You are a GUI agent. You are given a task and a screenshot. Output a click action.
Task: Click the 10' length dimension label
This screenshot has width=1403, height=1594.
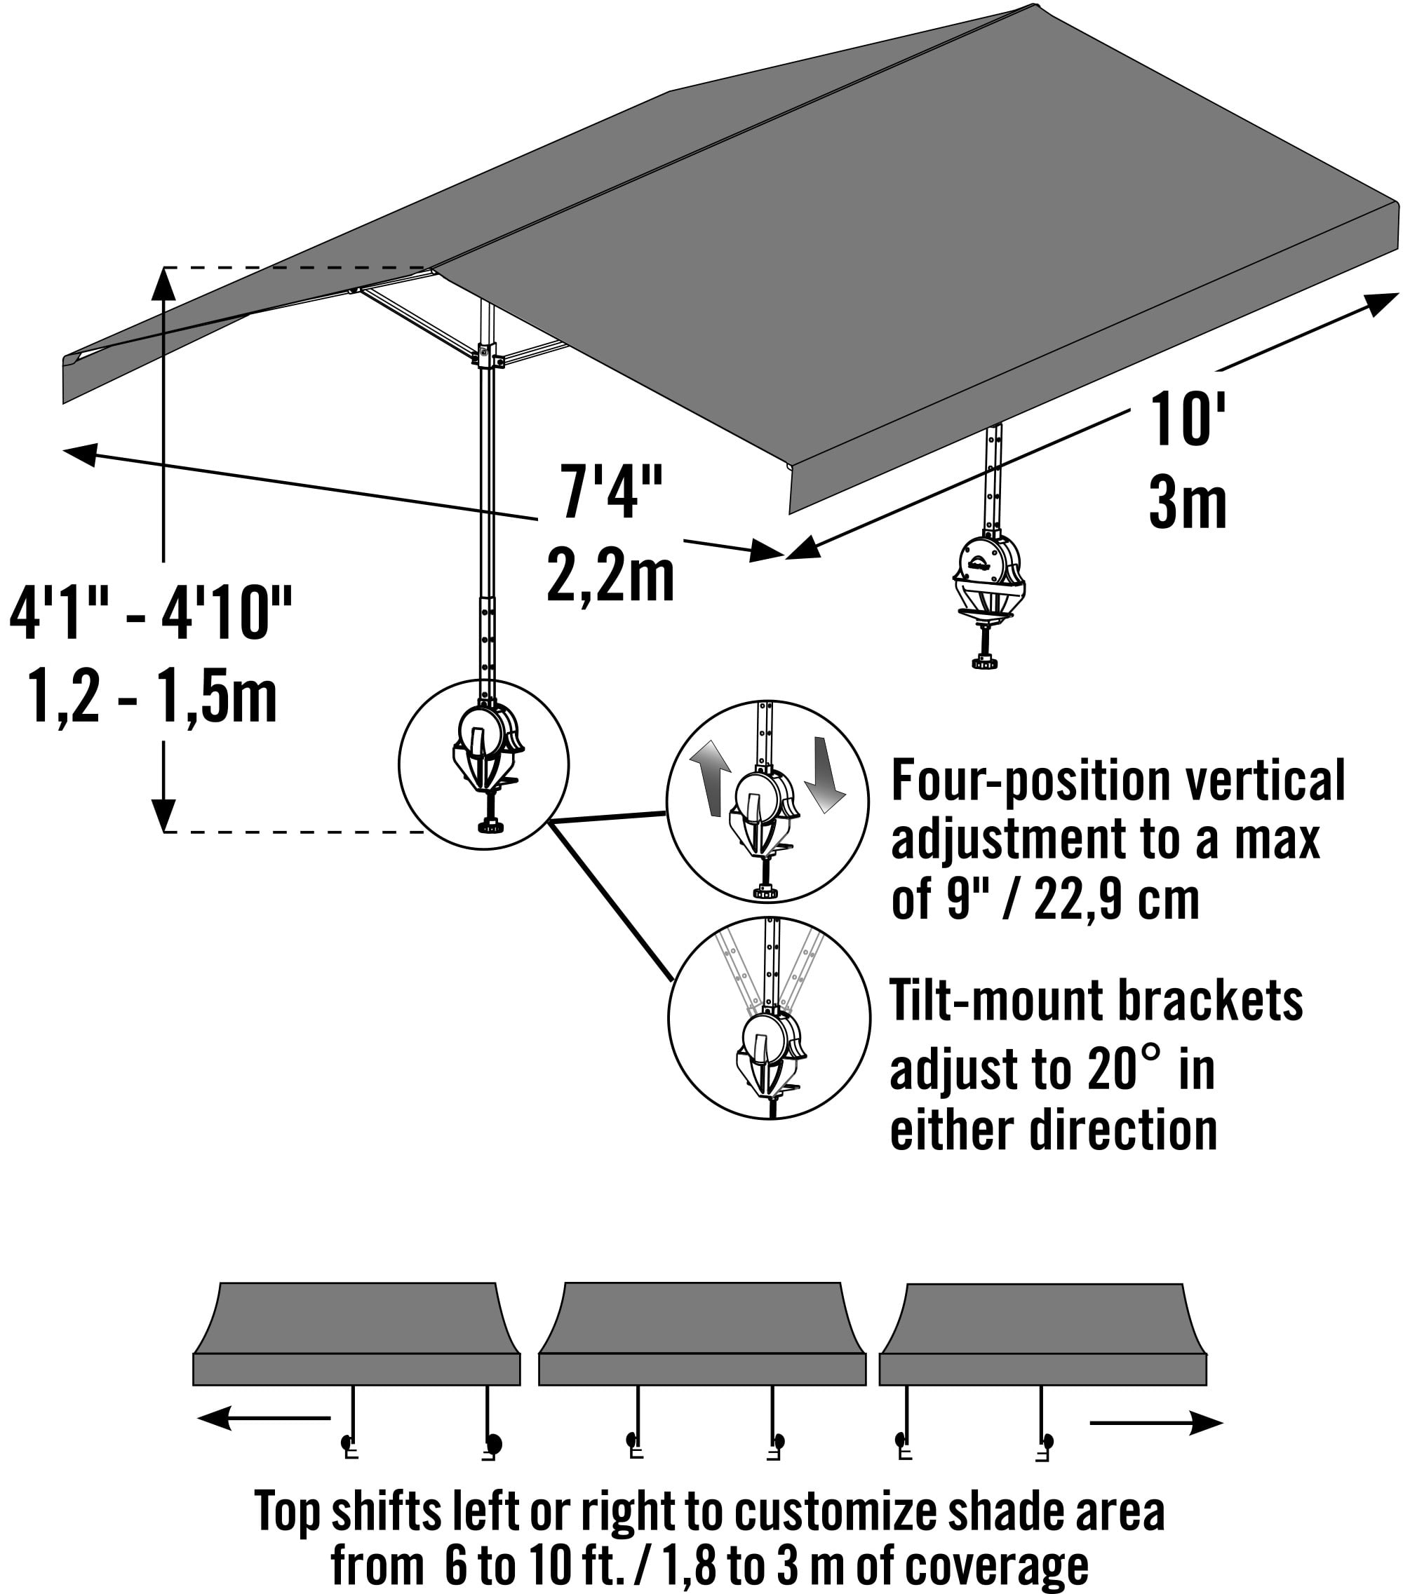1187,420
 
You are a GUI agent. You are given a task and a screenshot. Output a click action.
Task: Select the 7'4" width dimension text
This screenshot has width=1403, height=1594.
612,492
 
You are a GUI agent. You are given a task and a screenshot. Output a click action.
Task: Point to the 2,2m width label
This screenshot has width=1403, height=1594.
610,576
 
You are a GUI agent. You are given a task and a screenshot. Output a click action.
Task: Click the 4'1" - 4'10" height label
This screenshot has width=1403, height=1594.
151,614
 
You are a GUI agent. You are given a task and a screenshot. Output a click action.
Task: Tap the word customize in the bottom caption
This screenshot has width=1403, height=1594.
835,1511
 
